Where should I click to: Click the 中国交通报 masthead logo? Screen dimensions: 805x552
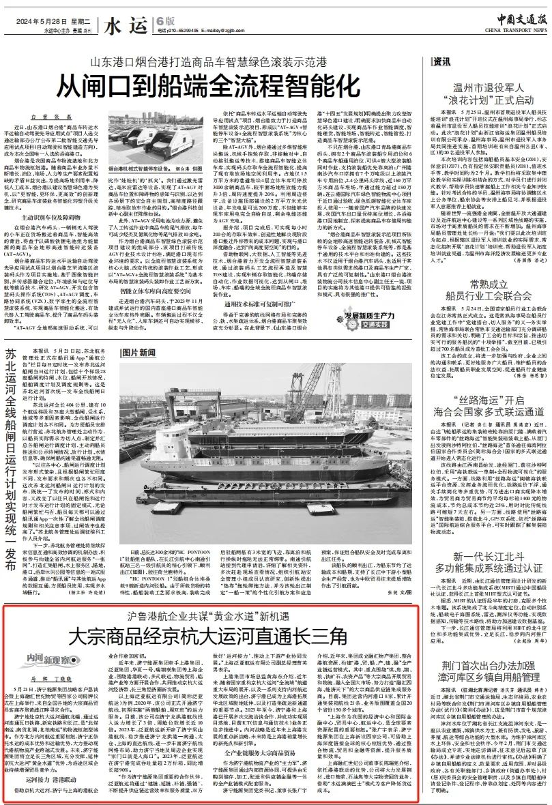518,18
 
